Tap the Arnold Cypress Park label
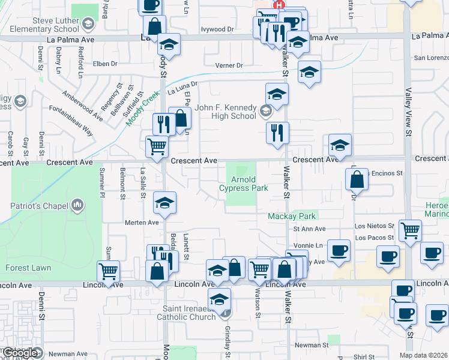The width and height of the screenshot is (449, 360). click(x=243, y=184)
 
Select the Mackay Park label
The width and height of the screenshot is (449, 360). click(x=292, y=215)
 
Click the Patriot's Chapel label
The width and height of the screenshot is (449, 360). click(x=37, y=206)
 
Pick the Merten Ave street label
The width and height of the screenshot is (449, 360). click(x=141, y=222)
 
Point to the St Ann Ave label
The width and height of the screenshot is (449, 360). click(x=309, y=229)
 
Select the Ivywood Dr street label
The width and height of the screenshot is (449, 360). click(x=217, y=29)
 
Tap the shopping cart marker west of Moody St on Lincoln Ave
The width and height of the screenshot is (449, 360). click(x=108, y=271)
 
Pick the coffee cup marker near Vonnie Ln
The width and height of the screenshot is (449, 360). click(x=339, y=250)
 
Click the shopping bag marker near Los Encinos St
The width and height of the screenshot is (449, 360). click(x=357, y=179)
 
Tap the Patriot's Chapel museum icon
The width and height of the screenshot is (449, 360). click(x=77, y=206)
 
